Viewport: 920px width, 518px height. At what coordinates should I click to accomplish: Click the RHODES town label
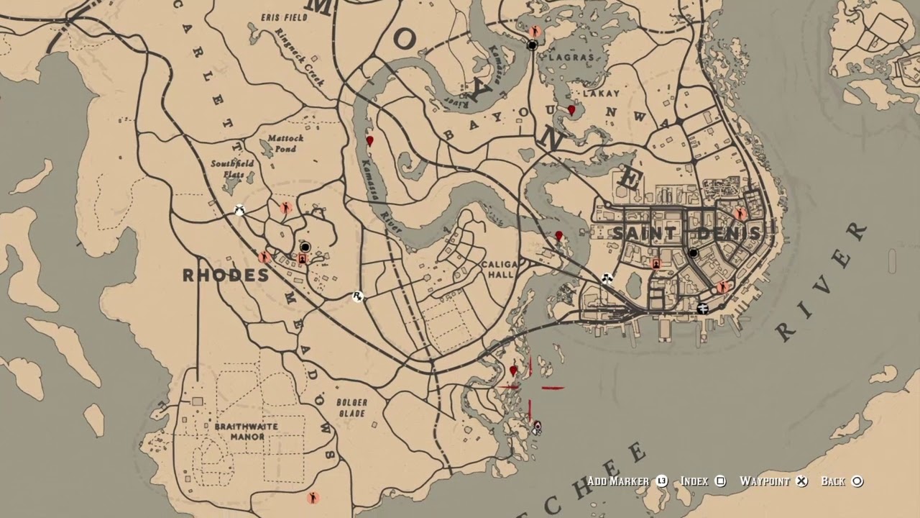point(225,276)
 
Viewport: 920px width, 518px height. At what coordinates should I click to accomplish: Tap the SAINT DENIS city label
point(686,233)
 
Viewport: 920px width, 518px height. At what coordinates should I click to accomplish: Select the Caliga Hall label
point(500,270)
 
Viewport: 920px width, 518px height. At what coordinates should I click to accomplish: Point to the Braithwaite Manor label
point(245,431)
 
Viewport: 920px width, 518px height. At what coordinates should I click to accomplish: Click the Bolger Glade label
point(351,408)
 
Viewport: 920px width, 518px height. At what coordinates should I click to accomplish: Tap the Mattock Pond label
point(285,143)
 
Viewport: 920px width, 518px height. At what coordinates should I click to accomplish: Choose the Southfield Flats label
point(231,168)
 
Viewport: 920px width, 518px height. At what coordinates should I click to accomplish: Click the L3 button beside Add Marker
point(661,481)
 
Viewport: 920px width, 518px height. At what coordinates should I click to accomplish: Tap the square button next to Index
point(720,481)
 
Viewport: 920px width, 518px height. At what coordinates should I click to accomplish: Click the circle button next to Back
point(857,481)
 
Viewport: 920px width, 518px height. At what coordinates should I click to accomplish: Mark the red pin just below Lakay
point(571,111)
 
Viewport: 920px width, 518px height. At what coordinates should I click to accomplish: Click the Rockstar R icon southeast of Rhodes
point(357,296)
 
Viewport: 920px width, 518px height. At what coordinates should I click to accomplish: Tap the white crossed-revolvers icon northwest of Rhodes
point(240,210)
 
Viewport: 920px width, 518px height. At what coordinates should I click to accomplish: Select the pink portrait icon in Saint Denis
point(655,264)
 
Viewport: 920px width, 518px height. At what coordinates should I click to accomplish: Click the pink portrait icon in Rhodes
point(302,259)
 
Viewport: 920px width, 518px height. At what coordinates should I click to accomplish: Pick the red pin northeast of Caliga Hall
point(558,236)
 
